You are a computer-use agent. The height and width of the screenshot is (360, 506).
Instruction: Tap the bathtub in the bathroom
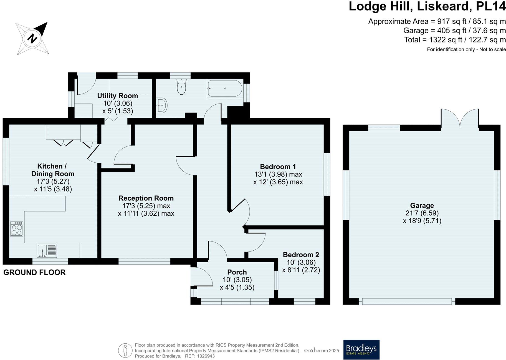225,89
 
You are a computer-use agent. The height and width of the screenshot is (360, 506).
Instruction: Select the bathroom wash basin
162,105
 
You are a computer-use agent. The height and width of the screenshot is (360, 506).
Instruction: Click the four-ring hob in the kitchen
17,229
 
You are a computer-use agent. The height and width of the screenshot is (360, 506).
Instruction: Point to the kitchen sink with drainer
47,250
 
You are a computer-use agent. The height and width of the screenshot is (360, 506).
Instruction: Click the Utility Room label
118,96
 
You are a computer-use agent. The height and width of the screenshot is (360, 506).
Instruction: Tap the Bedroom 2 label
301,255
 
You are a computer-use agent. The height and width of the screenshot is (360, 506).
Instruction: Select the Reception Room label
146,198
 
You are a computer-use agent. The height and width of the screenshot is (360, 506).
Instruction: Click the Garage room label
422,206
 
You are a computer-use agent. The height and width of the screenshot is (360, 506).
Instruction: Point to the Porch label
237,272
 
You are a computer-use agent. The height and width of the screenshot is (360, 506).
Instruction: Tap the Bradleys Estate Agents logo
361,350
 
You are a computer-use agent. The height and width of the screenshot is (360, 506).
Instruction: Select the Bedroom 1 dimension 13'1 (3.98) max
278,174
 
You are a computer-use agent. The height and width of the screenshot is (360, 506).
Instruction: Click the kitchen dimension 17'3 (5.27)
53,182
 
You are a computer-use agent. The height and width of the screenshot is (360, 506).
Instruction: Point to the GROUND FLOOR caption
34,273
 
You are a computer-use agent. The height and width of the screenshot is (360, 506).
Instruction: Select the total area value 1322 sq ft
446,40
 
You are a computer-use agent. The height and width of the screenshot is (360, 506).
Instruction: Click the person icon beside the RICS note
125,351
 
